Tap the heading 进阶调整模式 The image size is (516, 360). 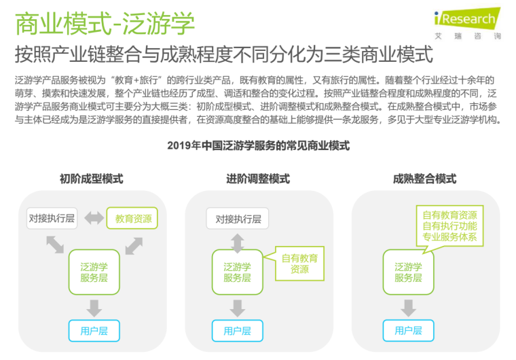pos(258,179)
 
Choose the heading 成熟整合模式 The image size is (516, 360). pos(424,179)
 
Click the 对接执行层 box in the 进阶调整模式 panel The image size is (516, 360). pos(238,219)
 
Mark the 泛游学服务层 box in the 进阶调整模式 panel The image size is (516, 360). pos(237,272)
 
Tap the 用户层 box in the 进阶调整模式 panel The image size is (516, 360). pos(237,331)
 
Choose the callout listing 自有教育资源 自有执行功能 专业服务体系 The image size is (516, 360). pos(449,225)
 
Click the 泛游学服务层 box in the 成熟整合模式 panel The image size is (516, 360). pos(408,272)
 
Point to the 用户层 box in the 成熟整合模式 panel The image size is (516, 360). pos(408,331)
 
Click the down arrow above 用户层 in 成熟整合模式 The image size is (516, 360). pos(408,307)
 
